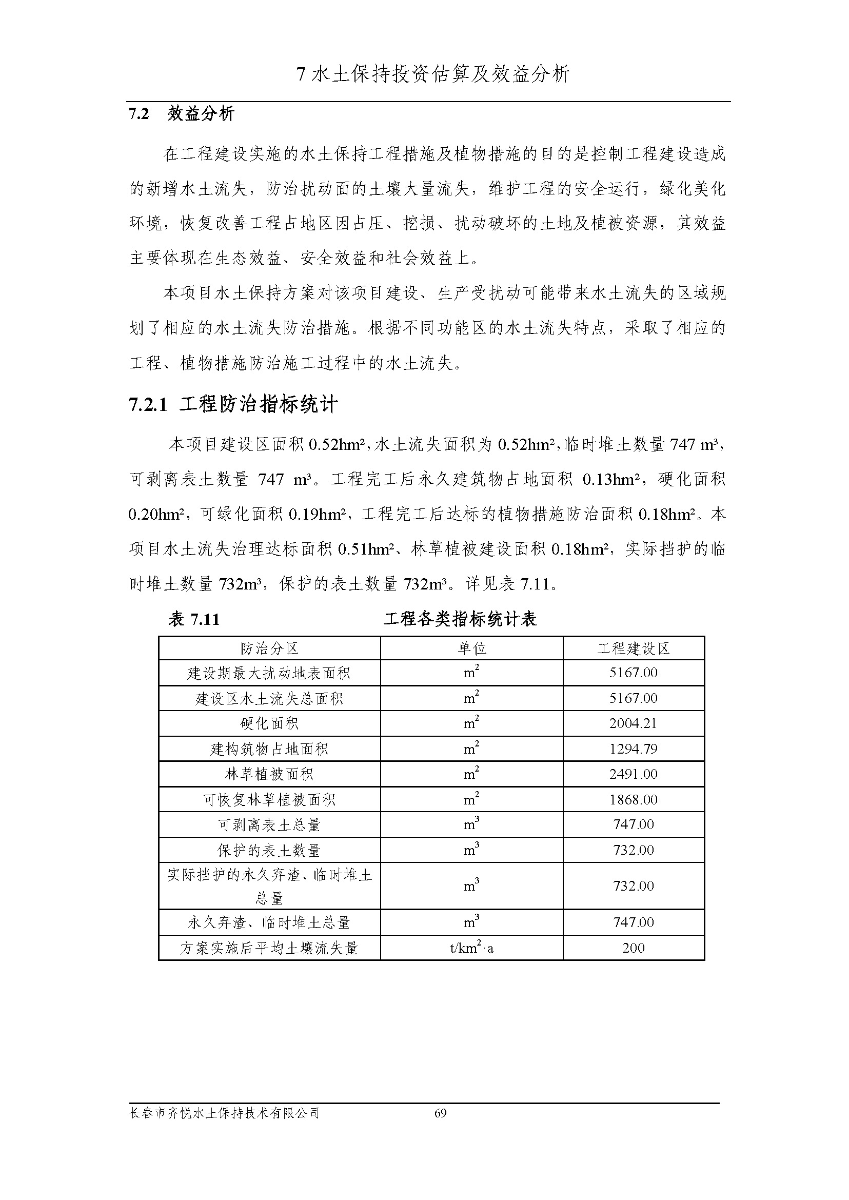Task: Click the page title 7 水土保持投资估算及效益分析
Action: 433,74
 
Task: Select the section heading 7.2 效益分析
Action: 182,113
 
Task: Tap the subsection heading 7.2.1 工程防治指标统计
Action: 233,405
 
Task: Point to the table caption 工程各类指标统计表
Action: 460,619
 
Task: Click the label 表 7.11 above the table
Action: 193,619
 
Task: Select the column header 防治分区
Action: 269,648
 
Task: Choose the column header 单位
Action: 471,648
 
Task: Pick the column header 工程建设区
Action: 633,648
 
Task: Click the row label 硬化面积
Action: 269,723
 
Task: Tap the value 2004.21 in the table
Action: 633,723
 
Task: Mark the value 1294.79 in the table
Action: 633,749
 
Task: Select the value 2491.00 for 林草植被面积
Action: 633,774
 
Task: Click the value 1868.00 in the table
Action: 633,799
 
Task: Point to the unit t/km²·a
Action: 471,948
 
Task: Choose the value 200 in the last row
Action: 633,948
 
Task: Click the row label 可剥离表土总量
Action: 269,824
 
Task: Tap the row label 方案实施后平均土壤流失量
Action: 269,948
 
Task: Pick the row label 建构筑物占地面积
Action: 269,749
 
